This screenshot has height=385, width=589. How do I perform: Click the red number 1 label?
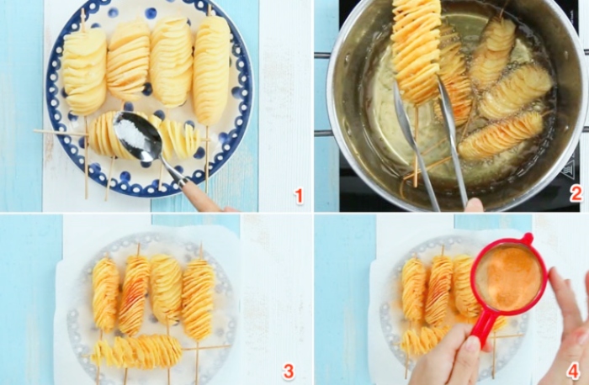point(299,196)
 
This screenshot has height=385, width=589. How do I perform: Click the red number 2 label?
point(576,194)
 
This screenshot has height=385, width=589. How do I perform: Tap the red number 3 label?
point(288,371)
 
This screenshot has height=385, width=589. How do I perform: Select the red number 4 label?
point(573,371)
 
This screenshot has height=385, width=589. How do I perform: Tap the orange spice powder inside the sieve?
point(508,277)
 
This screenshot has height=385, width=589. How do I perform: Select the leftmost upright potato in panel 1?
point(84,71)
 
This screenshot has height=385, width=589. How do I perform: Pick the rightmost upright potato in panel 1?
point(211,70)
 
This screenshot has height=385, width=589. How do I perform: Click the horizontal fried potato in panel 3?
point(136,351)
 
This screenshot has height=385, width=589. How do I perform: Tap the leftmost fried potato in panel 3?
point(105,294)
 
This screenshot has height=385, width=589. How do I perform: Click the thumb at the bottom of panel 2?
point(474,205)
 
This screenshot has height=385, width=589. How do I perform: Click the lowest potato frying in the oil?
point(501,137)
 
